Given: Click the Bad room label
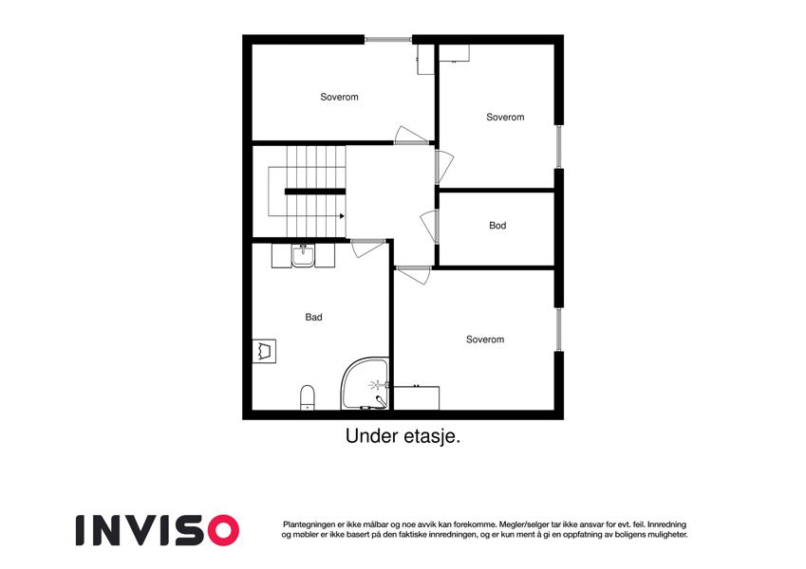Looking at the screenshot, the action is coord(313,318).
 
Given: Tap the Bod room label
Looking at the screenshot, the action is coord(497,226).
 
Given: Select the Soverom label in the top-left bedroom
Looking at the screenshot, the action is coord(339,97).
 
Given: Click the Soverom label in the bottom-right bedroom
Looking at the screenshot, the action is coord(485,340).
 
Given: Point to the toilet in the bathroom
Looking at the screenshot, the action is coord(308,397).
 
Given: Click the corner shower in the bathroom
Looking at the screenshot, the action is coord(365,384).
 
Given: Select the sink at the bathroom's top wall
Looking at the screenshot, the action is coord(303,256).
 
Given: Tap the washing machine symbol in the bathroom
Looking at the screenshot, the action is coord(264,351).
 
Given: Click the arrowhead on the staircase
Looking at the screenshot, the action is coord(342,216).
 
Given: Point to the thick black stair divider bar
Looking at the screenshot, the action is coord(315,193).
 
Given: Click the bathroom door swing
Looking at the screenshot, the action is coord(367,248).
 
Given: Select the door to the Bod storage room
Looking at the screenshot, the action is coord(430,227).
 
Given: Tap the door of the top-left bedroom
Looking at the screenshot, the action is coord(411,135).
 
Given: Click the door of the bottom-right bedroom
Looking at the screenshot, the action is coord(413,275).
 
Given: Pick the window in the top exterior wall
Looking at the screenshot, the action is coord(388,39).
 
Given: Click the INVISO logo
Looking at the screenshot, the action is coord(158,530).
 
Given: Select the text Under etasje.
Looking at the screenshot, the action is coord(403,436).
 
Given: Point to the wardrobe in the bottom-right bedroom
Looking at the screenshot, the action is coord(417,398).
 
